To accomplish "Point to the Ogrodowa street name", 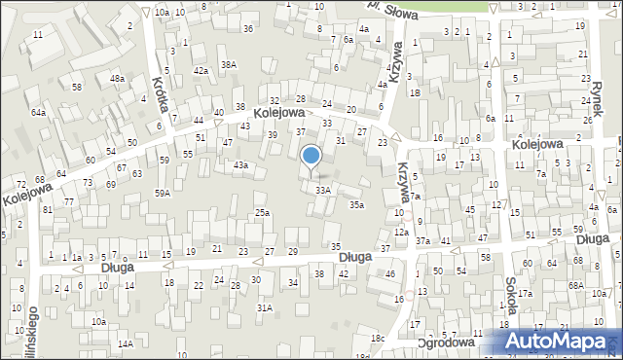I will (445, 342).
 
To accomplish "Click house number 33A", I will (323, 190).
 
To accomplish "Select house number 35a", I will (357, 204).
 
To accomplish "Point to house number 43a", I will (239, 165).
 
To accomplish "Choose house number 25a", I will (262, 212).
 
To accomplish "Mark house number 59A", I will (162, 193).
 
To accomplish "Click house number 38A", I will (229, 64).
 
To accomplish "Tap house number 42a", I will (201, 70).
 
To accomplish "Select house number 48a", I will (117, 78).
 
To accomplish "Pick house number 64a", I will (38, 113).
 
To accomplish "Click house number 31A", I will (264, 307).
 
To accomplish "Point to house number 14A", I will (126, 343).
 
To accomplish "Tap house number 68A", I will (576, 285).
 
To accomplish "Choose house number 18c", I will (377, 338).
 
